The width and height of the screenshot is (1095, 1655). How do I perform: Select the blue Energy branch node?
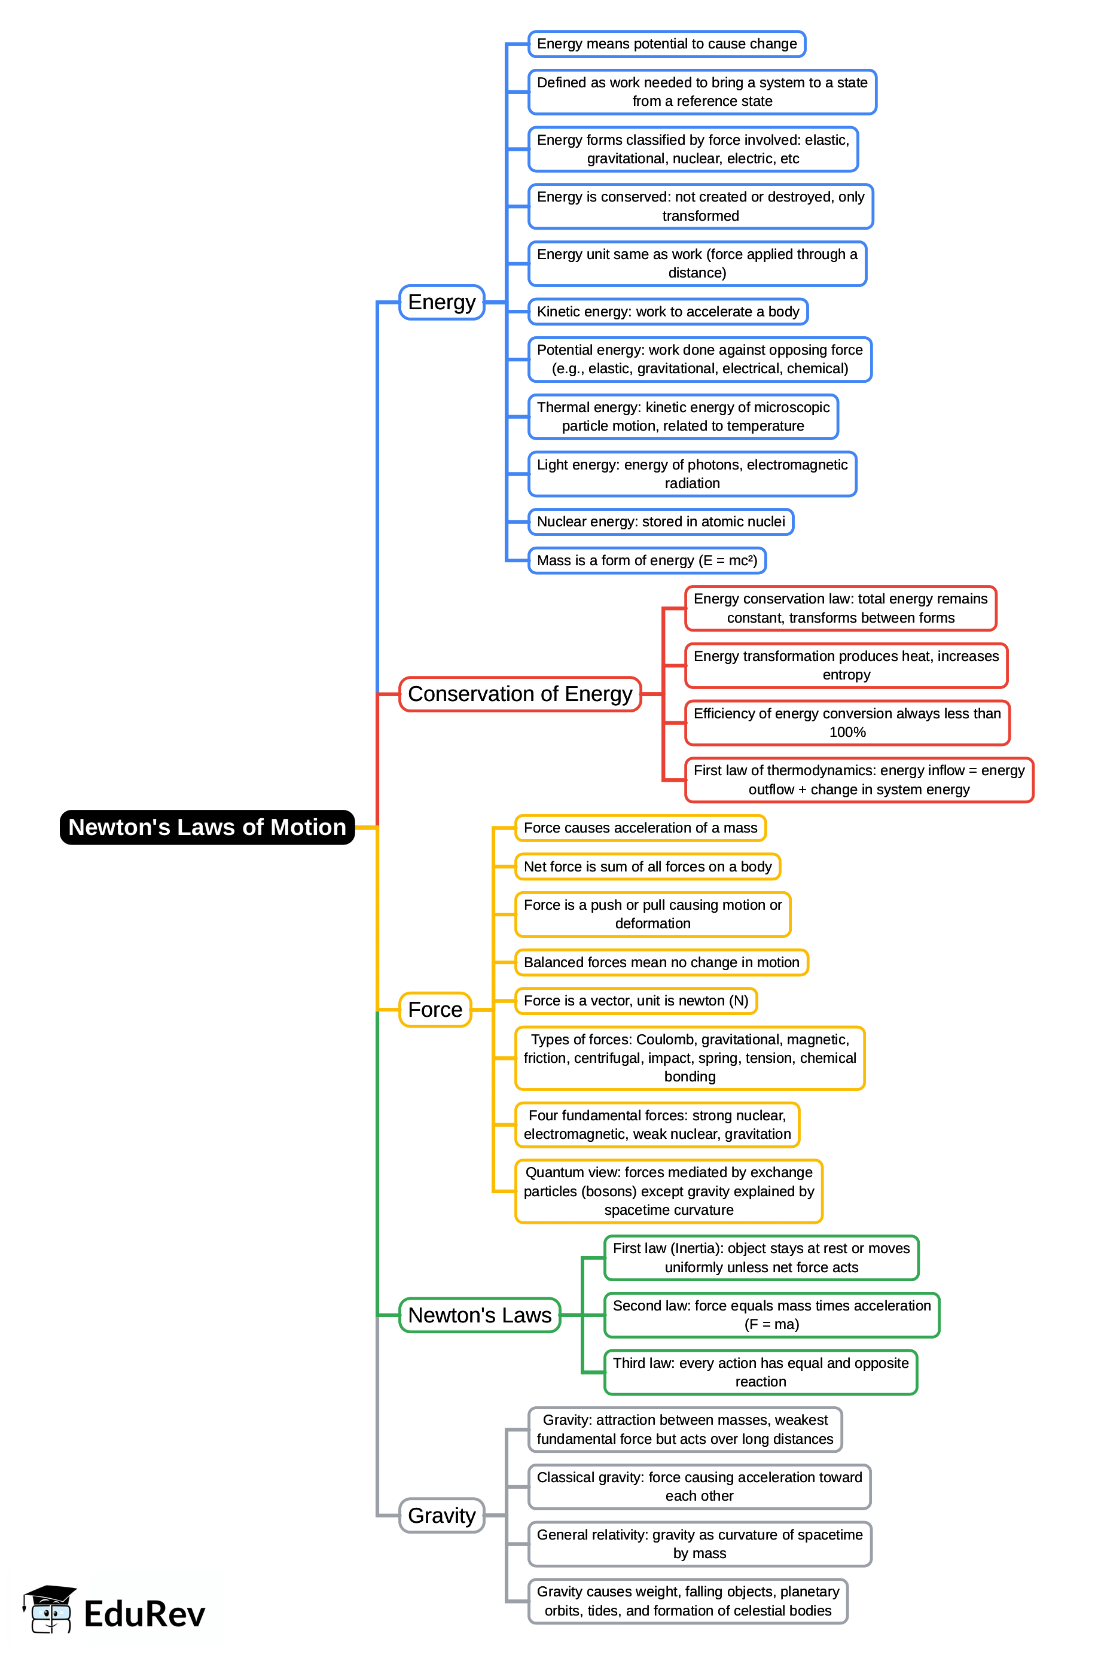(x=441, y=303)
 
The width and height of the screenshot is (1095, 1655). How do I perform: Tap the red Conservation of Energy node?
(x=520, y=694)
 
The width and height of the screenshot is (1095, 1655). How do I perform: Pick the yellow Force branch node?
(x=434, y=1010)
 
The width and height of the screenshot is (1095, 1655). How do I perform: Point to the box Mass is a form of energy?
(x=646, y=561)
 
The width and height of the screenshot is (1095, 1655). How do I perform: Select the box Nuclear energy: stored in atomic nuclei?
(x=660, y=522)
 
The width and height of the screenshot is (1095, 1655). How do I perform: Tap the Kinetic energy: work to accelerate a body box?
(x=667, y=312)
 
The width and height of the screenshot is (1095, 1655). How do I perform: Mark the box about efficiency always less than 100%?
(x=846, y=723)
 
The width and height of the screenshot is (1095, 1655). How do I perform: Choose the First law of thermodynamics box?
(x=858, y=780)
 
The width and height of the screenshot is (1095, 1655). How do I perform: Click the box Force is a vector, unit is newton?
(x=636, y=1001)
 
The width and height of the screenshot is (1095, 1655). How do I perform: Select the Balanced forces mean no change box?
(x=661, y=962)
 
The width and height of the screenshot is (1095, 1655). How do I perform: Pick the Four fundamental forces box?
(x=657, y=1124)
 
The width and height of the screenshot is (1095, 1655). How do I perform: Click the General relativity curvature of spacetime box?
(x=699, y=1544)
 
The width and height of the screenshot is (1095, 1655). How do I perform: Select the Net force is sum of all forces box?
(x=646, y=867)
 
